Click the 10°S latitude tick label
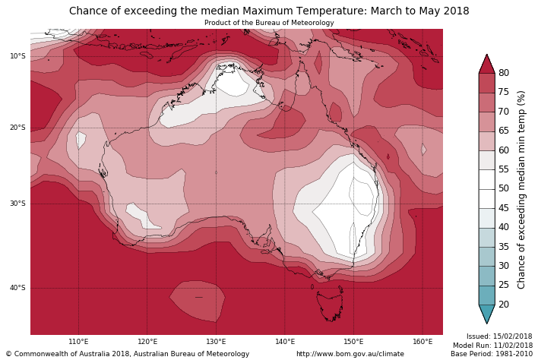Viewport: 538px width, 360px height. click(x=17, y=56)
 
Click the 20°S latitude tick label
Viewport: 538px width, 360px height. click(x=17, y=128)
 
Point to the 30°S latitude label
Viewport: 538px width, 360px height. click(x=17, y=204)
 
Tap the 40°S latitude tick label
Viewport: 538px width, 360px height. click(x=17, y=288)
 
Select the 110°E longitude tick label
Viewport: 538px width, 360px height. click(x=78, y=342)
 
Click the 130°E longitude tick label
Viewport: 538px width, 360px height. click(x=216, y=342)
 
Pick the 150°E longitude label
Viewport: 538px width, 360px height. click(x=353, y=342)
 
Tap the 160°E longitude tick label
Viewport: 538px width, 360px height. click(x=422, y=342)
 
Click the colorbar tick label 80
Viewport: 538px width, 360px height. click(x=503, y=73)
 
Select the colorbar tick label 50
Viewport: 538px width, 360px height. click(x=503, y=188)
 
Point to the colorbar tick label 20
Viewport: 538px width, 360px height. click(x=503, y=305)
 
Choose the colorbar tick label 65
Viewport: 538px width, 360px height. click(x=503, y=131)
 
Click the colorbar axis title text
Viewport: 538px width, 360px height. click(x=521, y=189)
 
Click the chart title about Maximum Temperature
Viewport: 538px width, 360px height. click(x=269, y=11)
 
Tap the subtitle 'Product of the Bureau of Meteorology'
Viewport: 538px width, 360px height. click(x=269, y=23)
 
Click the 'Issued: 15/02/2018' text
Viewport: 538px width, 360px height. click(x=499, y=336)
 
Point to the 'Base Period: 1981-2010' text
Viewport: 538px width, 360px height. click(x=491, y=354)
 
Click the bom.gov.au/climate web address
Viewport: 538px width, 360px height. click(x=350, y=354)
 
